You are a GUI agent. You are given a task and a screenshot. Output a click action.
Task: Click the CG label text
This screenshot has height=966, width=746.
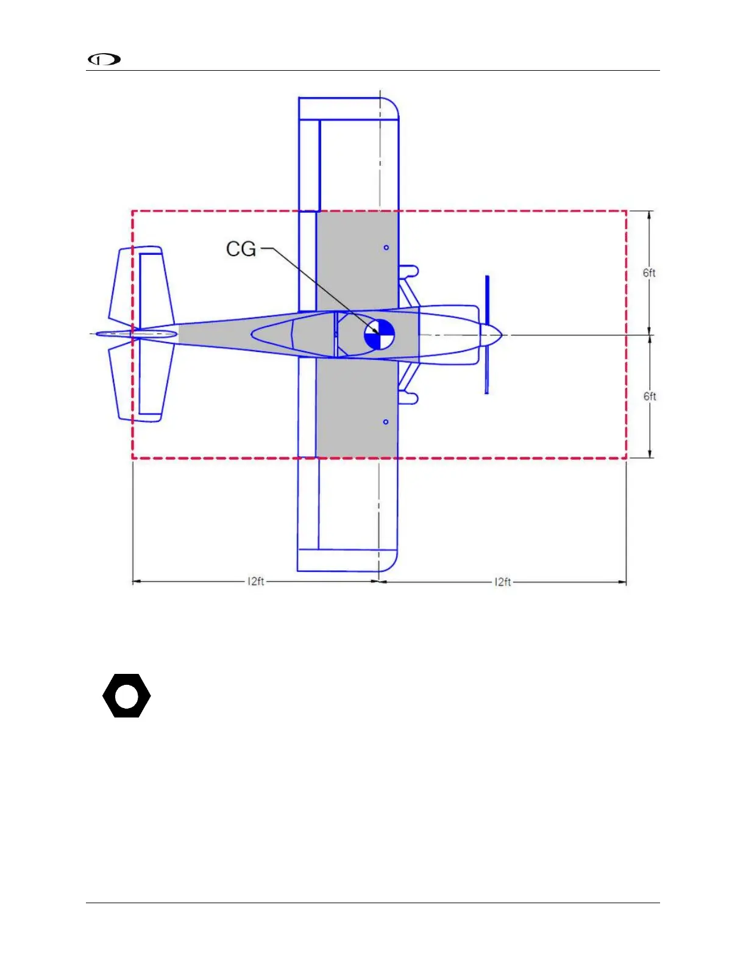(241, 249)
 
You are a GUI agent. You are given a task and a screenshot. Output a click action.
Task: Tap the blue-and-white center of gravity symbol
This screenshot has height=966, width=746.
(379, 334)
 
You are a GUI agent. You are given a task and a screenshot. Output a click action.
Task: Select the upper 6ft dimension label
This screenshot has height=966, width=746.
(648, 273)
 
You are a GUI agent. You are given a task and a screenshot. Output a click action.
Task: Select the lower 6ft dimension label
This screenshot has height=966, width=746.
(650, 396)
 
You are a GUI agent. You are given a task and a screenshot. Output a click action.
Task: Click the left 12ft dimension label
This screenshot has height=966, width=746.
(256, 581)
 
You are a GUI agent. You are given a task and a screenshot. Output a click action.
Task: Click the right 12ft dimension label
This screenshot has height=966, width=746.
(503, 582)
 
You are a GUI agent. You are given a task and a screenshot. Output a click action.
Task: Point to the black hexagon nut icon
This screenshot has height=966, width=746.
(127, 696)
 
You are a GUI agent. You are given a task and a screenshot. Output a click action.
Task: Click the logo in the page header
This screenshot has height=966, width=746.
(104, 59)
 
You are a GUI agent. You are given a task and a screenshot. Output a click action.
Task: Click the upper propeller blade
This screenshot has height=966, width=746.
(487, 301)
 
